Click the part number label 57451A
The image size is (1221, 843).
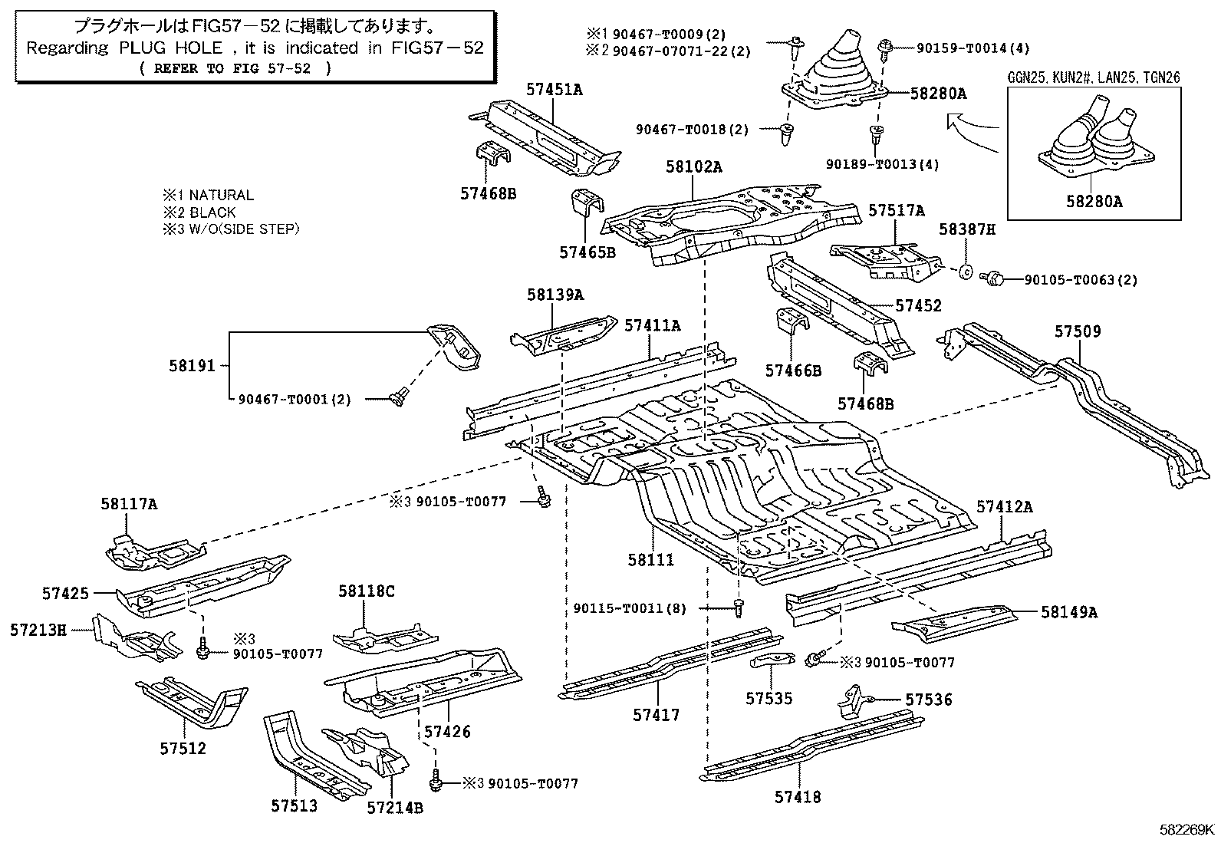(554, 90)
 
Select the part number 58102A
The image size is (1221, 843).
(693, 166)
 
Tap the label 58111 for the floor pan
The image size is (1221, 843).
(650, 560)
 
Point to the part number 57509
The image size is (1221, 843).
(1077, 331)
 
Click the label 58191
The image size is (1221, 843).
(193, 367)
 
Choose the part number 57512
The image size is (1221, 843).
(183, 748)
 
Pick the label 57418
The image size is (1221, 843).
(798, 797)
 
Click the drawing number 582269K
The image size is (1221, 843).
(1186, 829)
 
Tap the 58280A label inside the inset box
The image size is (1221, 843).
(1094, 202)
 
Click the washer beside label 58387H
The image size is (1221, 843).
(966, 271)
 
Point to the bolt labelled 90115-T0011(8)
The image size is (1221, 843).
(737, 608)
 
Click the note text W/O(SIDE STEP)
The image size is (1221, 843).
(244, 229)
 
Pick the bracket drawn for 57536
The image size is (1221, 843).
(854, 701)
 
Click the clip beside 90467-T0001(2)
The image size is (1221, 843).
(397, 398)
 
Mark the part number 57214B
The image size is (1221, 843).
(394, 807)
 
